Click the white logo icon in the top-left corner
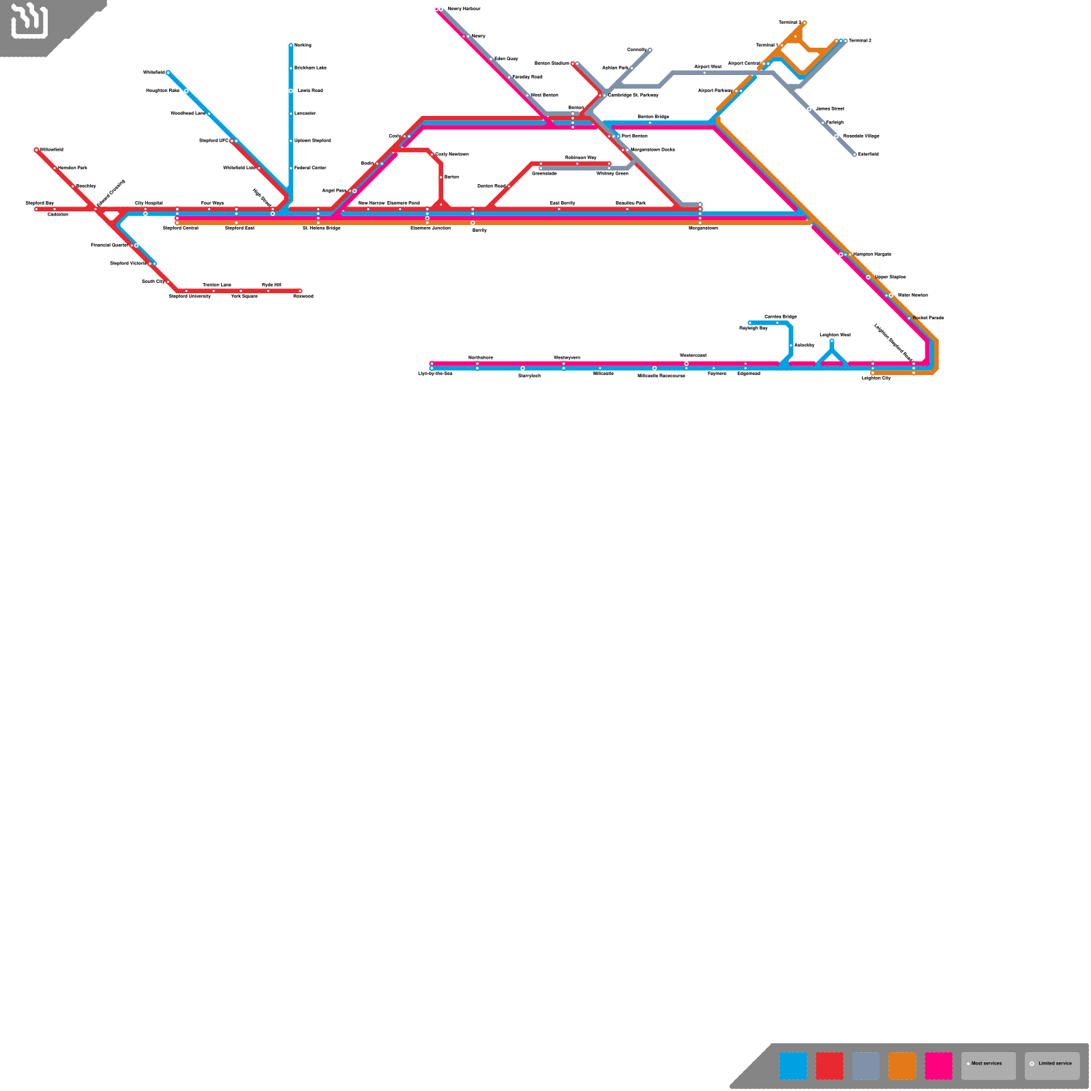[29, 20]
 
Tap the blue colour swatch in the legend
[793, 1066]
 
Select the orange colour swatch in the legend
[902, 1066]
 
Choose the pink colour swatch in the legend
[938, 1066]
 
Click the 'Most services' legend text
[987, 1064]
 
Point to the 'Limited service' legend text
[1055, 1064]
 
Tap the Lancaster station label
[305, 113]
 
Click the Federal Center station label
[310, 168]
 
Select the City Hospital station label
[149, 203]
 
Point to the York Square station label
[244, 297]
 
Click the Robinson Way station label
[580, 158]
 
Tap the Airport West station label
[708, 67]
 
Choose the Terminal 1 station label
[766, 45]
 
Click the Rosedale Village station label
[861, 136]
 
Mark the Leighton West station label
[835, 335]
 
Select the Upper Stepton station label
[890, 277]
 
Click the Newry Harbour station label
[464, 9]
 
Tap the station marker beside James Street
[809, 109]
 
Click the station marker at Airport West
[704, 72]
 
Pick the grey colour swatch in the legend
[866, 1066]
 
